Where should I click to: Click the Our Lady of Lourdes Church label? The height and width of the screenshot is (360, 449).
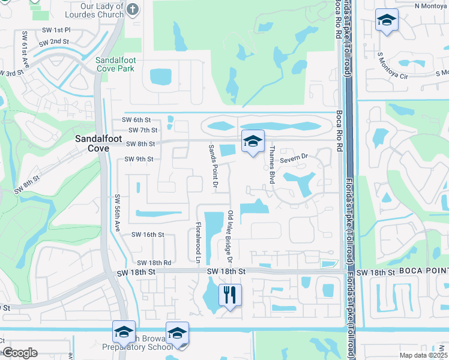[101, 10]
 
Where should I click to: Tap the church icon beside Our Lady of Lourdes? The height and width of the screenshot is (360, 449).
[133, 9]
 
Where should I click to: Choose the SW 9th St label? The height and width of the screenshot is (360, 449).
[139, 159]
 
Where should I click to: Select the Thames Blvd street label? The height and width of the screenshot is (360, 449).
[272, 164]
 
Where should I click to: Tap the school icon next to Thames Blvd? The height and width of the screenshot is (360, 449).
[253, 142]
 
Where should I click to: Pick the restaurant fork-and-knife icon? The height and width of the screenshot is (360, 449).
[231, 295]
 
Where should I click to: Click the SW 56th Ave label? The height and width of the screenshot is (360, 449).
[118, 212]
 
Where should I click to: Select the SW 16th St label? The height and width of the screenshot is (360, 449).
[148, 235]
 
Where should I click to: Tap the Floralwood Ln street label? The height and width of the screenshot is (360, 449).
[198, 242]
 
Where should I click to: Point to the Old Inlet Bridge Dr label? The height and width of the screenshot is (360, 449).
[229, 236]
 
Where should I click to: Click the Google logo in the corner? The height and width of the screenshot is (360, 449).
[20, 353]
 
